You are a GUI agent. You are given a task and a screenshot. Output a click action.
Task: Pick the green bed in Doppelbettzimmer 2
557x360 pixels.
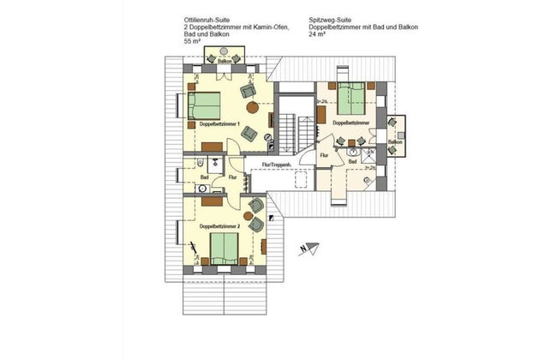tap(224, 248)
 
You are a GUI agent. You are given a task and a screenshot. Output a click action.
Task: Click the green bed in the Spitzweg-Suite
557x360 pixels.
tap(350, 101)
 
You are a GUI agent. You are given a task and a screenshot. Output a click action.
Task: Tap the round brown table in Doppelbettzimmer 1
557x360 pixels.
tap(253, 108)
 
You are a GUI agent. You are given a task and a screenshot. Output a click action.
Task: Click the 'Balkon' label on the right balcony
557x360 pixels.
tap(394, 141)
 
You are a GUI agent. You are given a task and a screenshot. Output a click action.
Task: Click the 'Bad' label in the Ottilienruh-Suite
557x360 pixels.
tap(205, 177)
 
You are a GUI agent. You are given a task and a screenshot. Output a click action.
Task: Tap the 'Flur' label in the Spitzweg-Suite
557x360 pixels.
tap(323, 155)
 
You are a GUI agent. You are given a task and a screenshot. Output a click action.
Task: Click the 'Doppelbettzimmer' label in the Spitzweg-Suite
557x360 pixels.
tap(350, 123)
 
